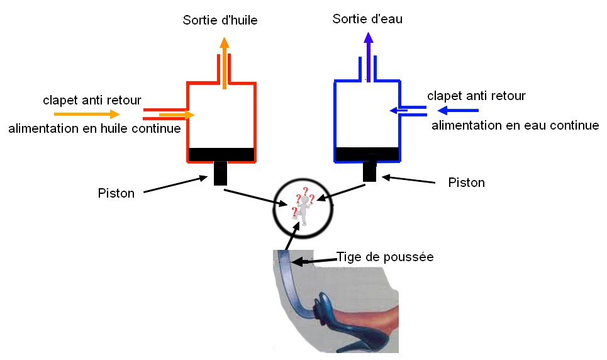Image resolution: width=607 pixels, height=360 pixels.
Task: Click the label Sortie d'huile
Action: coord(220,21)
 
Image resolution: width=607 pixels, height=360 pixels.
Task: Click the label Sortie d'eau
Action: coord(367,19)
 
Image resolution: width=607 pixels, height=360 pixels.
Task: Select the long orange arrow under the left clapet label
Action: coord(87,114)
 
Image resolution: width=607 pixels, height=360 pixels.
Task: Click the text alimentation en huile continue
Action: coord(94,129)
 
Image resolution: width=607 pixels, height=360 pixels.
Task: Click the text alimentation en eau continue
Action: coord(515,126)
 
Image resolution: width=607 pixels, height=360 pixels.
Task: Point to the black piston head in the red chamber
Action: coord(221,154)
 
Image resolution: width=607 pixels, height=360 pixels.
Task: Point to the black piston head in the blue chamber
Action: coord(367,153)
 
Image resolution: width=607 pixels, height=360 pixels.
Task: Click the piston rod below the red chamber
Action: coord(220,173)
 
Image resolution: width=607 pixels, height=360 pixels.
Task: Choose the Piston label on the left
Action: coord(116,193)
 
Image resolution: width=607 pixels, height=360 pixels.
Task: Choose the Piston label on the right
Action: coord(466,183)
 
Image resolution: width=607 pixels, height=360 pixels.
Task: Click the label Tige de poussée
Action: coord(385,257)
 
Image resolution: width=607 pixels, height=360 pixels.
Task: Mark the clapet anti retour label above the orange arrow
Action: coord(92,99)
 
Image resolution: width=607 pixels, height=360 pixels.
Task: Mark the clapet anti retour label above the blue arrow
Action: coord(476,96)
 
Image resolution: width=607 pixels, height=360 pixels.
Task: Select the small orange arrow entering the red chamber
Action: coord(177,115)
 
